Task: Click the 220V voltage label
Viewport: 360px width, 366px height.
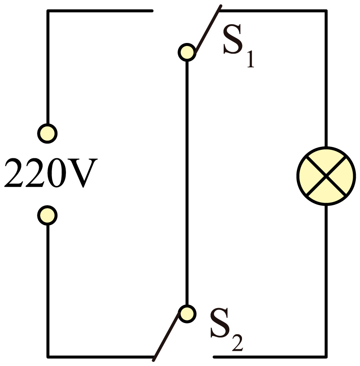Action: [51, 173]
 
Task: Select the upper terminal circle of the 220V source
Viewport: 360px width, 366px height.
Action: [47, 134]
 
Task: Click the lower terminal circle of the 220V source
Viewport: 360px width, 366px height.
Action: [47, 215]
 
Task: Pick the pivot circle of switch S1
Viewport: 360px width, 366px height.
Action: [187, 52]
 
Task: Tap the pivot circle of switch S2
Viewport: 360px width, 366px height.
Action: [187, 314]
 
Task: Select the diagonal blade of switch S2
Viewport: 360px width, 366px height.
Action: [166, 336]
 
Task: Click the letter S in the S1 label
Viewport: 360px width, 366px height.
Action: [233, 39]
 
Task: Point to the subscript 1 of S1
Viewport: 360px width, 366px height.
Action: [251, 59]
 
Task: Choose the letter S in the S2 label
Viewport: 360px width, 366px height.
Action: [220, 323]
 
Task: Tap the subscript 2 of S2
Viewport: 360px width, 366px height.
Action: [238, 343]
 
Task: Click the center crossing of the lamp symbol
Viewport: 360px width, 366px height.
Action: [326, 176]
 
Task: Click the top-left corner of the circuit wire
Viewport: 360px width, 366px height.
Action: [48, 11]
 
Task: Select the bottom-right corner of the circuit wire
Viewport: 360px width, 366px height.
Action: [326, 357]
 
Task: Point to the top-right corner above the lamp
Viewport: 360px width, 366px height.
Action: [326, 11]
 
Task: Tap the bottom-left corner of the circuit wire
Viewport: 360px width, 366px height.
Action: [48, 357]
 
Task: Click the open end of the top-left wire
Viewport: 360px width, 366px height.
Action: [152, 11]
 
